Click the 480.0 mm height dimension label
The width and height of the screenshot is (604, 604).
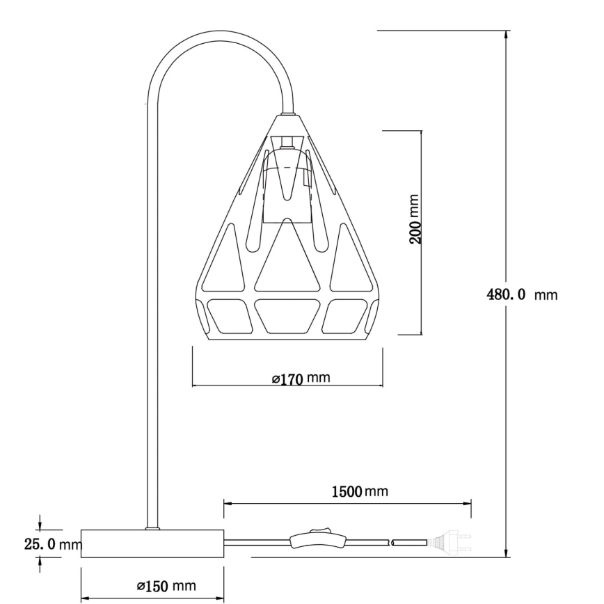[x=521, y=294]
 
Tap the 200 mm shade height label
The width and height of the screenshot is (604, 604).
[x=415, y=219]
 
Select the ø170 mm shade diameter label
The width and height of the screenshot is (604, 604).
[x=301, y=379]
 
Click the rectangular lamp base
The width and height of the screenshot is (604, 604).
[x=152, y=543]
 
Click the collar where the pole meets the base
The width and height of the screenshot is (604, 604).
[x=151, y=529]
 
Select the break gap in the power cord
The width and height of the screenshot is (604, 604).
[x=390, y=542]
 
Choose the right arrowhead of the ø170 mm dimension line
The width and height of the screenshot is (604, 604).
[x=379, y=385]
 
